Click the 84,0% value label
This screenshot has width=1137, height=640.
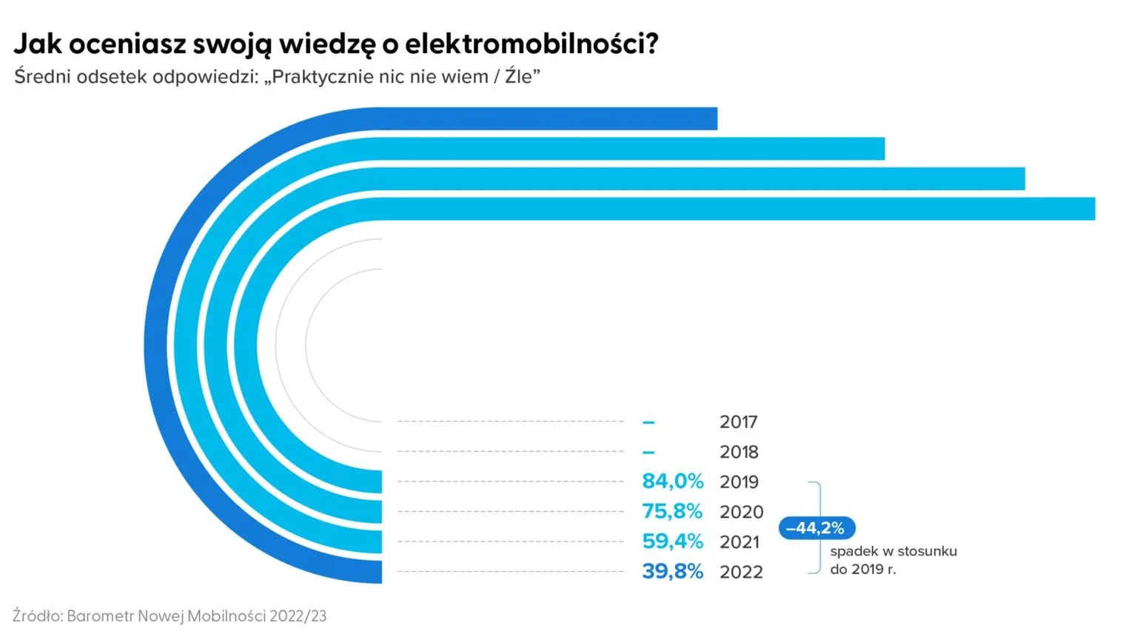point(672,481)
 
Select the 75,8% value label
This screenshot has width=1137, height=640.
point(672,511)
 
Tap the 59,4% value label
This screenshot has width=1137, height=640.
point(672,541)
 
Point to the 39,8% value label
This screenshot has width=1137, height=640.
point(672,571)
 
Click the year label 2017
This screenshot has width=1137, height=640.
point(738,422)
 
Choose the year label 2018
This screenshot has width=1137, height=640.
point(739,452)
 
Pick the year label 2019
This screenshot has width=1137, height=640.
point(739,482)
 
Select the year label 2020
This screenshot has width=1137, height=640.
point(741,512)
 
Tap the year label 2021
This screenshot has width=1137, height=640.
point(739,542)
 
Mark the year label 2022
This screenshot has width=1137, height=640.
point(741,572)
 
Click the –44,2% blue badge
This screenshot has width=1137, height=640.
point(816,528)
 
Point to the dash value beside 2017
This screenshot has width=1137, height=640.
point(648,422)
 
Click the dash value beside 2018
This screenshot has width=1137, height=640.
point(648,452)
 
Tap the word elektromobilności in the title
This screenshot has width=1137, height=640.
point(531,44)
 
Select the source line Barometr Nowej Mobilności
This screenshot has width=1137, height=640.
point(170,616)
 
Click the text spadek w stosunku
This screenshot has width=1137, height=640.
point(893,551)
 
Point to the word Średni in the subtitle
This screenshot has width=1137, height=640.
point(41,76)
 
